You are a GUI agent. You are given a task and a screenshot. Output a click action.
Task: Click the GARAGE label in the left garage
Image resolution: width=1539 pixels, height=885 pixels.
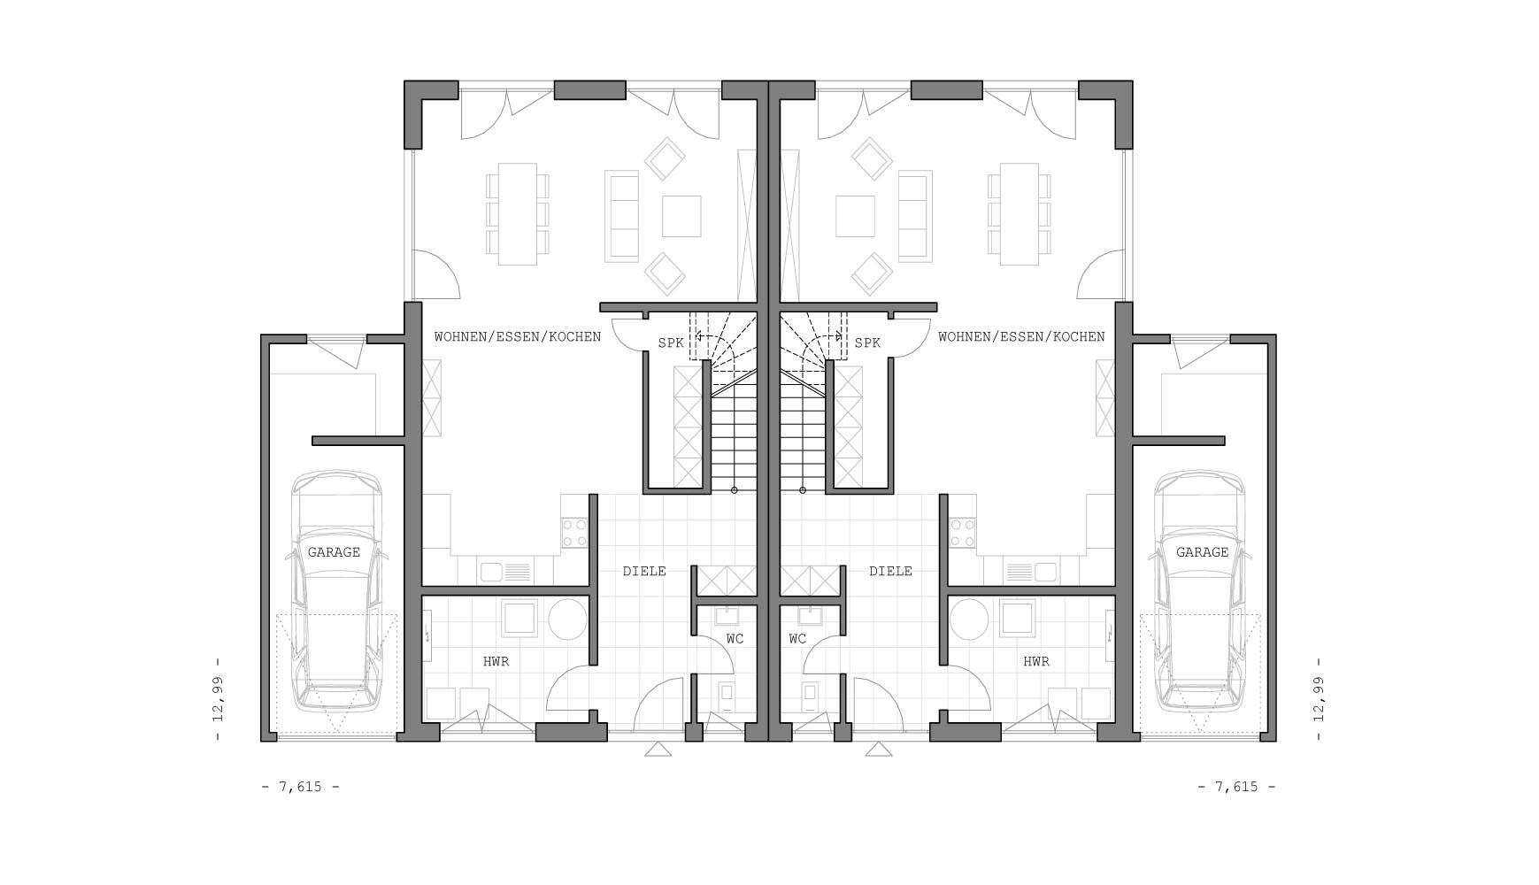pos(334,552)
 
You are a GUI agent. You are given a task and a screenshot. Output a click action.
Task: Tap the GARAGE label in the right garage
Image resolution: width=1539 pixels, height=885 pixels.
pos(1202,552)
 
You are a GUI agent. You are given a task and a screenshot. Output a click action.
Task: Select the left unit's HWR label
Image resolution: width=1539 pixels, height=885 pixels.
pos(496,661)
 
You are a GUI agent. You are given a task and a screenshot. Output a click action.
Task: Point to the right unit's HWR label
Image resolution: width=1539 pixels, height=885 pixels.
pos(1036,661)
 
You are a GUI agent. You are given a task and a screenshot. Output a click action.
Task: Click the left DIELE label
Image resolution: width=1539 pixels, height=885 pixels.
pos(644,572)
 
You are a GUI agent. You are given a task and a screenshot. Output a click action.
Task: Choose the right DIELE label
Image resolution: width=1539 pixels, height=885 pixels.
pos(890,572)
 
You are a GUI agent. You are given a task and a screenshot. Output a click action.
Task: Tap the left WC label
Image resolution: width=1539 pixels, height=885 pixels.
pos(735,638)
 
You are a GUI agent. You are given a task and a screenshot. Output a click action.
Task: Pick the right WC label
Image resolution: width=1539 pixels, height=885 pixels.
pos(797,638)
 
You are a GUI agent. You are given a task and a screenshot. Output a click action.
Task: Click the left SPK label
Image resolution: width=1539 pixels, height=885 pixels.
pos(670,342)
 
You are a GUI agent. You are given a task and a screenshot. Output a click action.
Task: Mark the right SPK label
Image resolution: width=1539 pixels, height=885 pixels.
pos(867,342)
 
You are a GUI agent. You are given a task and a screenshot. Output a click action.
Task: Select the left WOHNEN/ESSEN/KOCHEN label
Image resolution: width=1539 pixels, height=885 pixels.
pos(518,336)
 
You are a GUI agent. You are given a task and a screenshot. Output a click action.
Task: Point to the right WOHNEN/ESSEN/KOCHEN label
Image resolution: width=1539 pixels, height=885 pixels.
pos(1021,336)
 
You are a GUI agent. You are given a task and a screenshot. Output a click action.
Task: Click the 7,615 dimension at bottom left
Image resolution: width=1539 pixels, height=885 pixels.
pos(301,787)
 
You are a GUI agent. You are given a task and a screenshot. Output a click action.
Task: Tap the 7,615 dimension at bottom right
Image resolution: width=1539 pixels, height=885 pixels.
pos(1237,787)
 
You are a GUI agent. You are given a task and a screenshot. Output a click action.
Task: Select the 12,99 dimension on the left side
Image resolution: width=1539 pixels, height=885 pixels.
pos(218,699)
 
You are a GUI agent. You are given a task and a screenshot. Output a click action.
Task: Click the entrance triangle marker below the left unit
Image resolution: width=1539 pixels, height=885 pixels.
pos(658,750)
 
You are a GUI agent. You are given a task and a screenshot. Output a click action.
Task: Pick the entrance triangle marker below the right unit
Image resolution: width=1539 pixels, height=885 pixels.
pos(879,750)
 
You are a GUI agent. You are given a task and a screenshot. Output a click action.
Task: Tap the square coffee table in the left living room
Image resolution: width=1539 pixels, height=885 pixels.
pos(681,217)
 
